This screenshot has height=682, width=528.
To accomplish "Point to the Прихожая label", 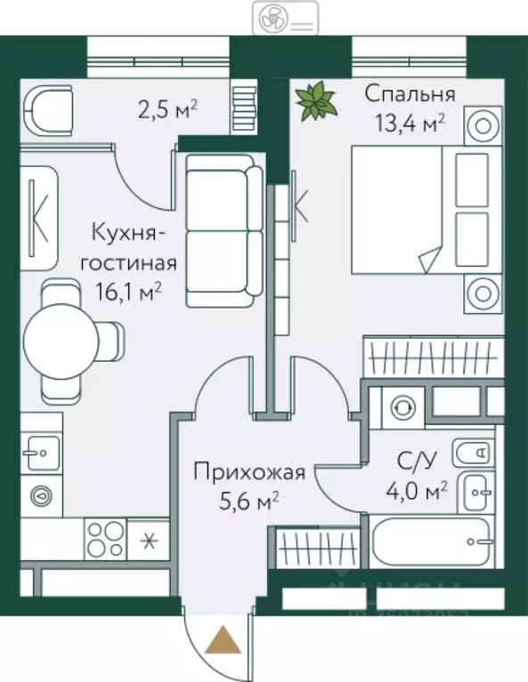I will click(x=249, y=471).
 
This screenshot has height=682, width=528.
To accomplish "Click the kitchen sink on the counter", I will click(x=40, y=453).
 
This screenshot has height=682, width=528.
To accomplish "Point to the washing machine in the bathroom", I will click(x=401, y=405).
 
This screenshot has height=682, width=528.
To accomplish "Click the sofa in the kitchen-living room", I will click(x=223, y=229).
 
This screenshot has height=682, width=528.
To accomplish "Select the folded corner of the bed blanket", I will click(x=428, y=260).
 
